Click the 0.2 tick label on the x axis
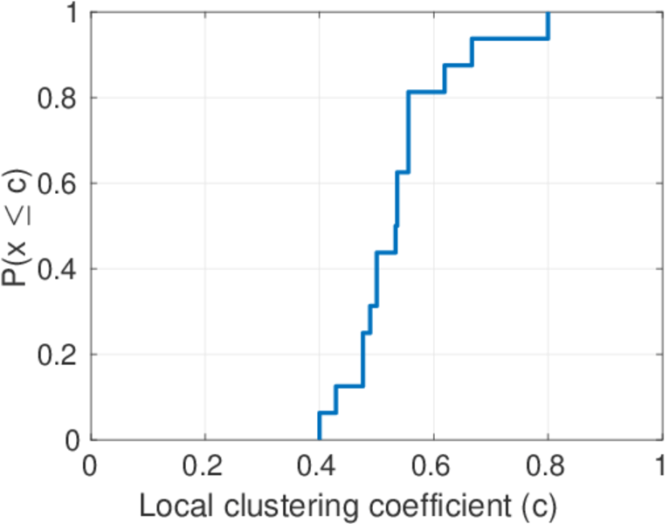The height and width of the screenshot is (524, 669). coord(204,465)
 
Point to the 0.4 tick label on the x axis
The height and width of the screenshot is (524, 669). coord(319,465)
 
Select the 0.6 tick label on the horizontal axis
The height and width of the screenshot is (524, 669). coord(433,465)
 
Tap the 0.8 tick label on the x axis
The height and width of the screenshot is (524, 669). coord(548,465)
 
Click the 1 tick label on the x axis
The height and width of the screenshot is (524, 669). coord(661,465)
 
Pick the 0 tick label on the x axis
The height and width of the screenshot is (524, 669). coord(91,465)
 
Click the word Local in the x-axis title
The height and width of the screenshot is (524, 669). coord(173,504)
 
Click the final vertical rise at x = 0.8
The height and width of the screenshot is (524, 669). coord(548,25)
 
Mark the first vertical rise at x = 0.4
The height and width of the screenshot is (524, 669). coord(320,426)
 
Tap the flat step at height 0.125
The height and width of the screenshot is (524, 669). coord(348,386)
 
